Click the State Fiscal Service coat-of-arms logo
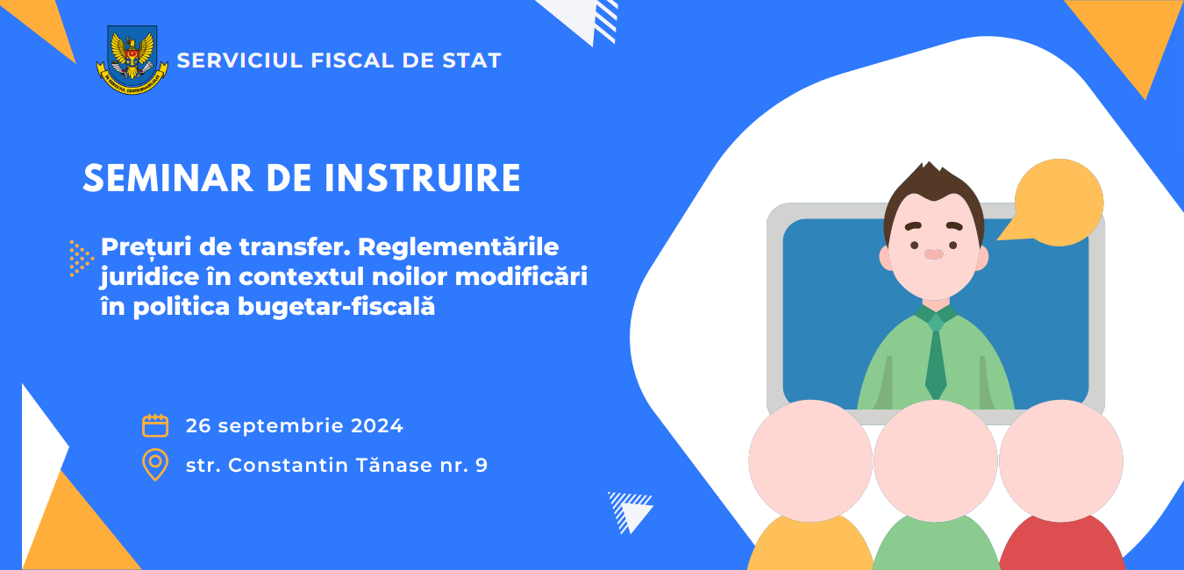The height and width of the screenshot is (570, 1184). [x=132, y=59]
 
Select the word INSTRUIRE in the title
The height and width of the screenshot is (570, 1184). [x=423, y=178]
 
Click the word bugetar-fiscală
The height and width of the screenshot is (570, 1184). [x=336, y=307]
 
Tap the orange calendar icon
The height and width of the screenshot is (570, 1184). [x=155, y=425]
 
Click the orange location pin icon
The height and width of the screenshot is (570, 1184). [x=155, y=465]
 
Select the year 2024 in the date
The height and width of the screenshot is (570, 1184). [x=377, y=426]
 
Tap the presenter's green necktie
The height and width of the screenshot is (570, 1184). [x=936, y=357]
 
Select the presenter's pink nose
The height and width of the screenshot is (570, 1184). [x=933, y=254]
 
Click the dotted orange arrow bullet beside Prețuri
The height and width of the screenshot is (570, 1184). [x=81, y=259]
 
